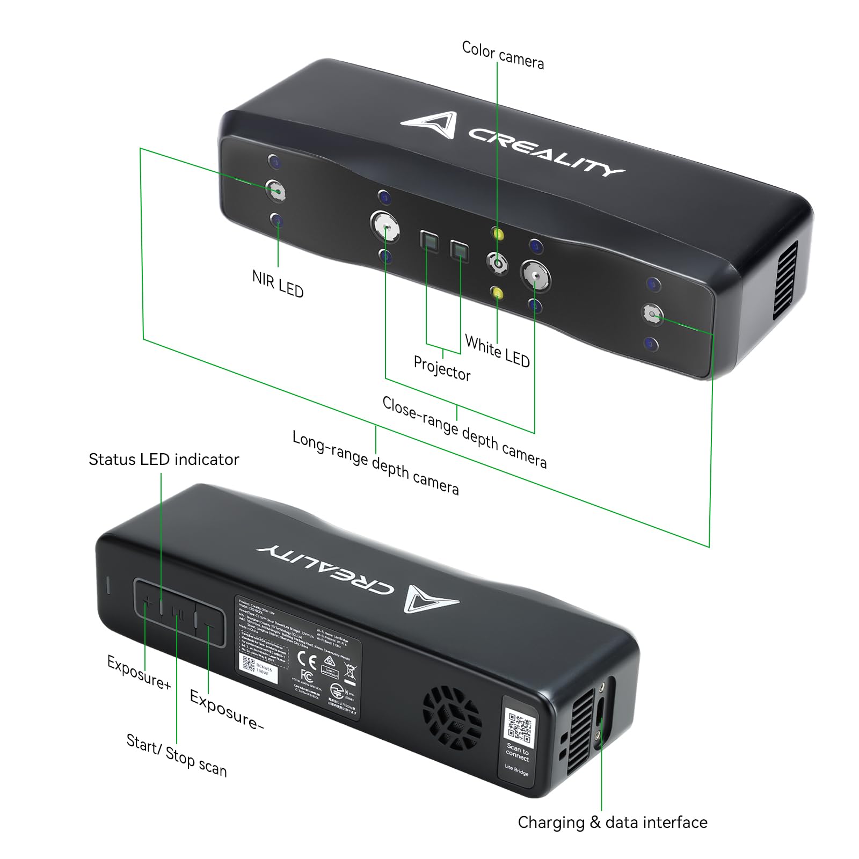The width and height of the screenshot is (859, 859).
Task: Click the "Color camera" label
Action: coord(503,55)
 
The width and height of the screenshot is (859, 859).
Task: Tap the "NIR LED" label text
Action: coord(278,284)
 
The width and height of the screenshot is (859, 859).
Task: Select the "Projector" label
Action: coord(442,368)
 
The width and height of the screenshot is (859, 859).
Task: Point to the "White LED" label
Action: coord(497,351)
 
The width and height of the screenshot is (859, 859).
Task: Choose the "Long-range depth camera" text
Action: coord(375,462)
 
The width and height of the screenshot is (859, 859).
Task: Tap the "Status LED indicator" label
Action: coord(164,460)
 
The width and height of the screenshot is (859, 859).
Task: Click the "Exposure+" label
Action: coord(139,672)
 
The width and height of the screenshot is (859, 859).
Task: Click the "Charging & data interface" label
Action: coord(613,822)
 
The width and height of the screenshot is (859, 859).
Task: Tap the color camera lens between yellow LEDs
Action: coord(498,263)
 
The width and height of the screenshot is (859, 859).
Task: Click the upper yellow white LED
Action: coord(498,235)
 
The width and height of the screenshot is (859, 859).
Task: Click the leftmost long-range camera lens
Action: coord(276,191)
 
